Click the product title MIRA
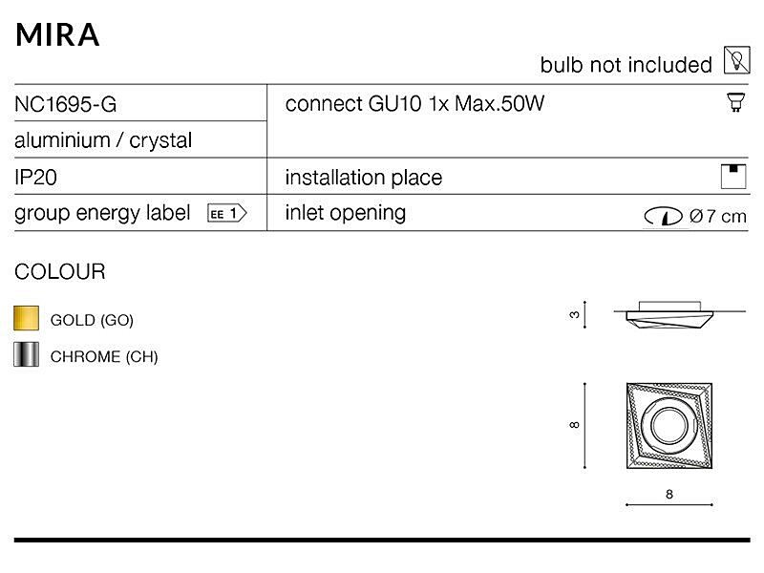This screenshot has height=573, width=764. coord(57,33)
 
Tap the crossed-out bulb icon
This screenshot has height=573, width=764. coord(736,61)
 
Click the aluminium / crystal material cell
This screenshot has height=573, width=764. coord(103,140)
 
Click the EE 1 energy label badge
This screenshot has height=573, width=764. coord(227,213)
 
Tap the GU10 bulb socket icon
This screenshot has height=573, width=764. coord(735,101)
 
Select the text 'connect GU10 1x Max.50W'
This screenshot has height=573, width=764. coord(414,103)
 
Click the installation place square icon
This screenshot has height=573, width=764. coord(733,176)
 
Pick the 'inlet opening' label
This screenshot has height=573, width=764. coord(345,212)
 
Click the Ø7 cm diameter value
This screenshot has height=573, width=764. coord(717,217)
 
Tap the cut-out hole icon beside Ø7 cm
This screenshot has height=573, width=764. coord(663,217)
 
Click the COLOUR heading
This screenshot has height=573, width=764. coord(59,271)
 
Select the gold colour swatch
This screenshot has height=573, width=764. coord(27,319)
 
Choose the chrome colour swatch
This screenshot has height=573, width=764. coord(27,355)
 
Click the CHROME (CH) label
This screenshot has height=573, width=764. coord(104,357)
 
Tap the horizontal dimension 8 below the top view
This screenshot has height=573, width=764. coord(668,494)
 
